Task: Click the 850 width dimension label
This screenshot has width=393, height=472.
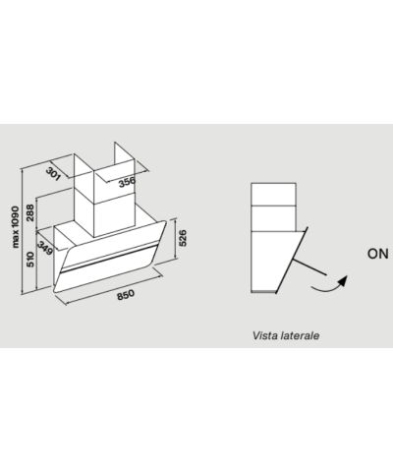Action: (126, 294)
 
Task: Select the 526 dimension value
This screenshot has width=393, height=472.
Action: (183, 238)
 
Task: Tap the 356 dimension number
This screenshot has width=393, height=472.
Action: (127, 182)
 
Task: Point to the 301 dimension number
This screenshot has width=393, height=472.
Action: (53, 174)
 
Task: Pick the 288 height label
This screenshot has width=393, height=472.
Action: (29, 212)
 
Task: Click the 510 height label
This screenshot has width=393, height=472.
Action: (29, 260)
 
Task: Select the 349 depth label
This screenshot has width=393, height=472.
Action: (45, 248)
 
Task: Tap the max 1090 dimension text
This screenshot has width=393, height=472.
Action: (15, 227)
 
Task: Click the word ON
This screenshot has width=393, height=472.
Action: (377, 254)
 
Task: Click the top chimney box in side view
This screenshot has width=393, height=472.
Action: (273, 195)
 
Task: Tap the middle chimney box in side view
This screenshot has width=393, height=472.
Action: (273, 218)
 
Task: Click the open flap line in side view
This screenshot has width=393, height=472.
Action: (309, 266)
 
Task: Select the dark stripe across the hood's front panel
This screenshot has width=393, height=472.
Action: (109, 258)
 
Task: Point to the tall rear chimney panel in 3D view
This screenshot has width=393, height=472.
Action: (125, 154)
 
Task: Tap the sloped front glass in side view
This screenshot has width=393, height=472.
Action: (292, 260)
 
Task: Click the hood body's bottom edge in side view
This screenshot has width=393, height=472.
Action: (263, 291)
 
